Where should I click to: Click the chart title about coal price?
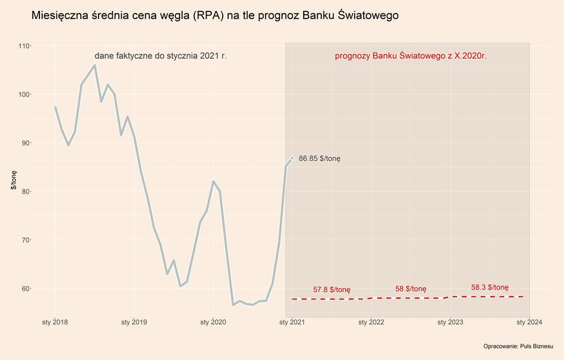pos(215,14)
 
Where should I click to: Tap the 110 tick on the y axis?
pos(24,46)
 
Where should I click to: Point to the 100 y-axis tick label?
pos(24,94)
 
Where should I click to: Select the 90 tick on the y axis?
pos(26,143)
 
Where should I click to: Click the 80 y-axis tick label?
pos(26,192)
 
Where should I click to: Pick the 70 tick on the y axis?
pos(26,240)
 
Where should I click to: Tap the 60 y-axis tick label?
pos(26,289)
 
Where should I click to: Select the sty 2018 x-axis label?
pos(55,321)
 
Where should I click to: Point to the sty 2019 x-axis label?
pos(134,321)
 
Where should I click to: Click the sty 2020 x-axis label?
pos(213,321)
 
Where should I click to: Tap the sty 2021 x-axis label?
pos(292,321)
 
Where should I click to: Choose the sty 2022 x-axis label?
pos(371,321)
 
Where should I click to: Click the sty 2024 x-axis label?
pos(529,321)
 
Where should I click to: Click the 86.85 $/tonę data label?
pos(319,158)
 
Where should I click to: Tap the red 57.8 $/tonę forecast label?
pos(332,290)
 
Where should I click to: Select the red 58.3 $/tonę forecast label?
pos(489,287)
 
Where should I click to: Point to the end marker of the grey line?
pos(292,158)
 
